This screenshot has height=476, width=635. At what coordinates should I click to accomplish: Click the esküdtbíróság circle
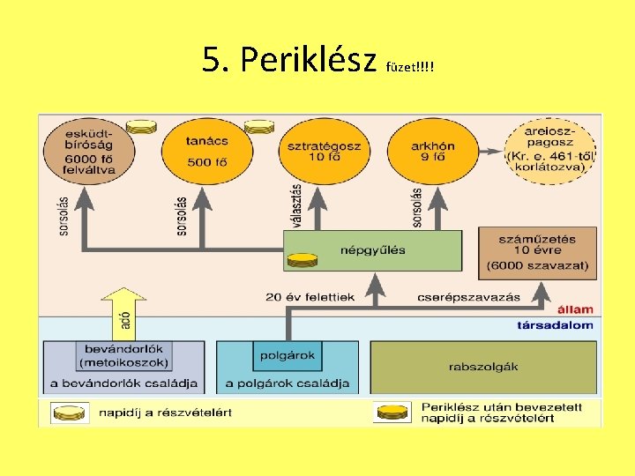[88, 152]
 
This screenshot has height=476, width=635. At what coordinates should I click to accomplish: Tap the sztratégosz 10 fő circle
[319, 152]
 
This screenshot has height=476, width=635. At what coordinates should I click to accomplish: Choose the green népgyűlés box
[372, 250]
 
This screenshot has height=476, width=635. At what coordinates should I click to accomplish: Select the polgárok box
[286, 356]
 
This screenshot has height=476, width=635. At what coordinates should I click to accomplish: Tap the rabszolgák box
[482, 366]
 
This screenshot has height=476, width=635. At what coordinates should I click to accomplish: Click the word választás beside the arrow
[296, 205]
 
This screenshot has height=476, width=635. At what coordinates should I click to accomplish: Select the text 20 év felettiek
[310, 297]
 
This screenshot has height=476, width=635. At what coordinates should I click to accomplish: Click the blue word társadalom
[555, 325]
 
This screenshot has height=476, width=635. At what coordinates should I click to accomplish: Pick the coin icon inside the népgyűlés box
[302, 260]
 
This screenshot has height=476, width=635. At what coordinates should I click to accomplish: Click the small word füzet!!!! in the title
[411, 67]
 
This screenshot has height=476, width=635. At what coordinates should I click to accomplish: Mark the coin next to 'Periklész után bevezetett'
[392, 412]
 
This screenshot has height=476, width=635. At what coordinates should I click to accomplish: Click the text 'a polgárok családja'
[288, 383]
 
